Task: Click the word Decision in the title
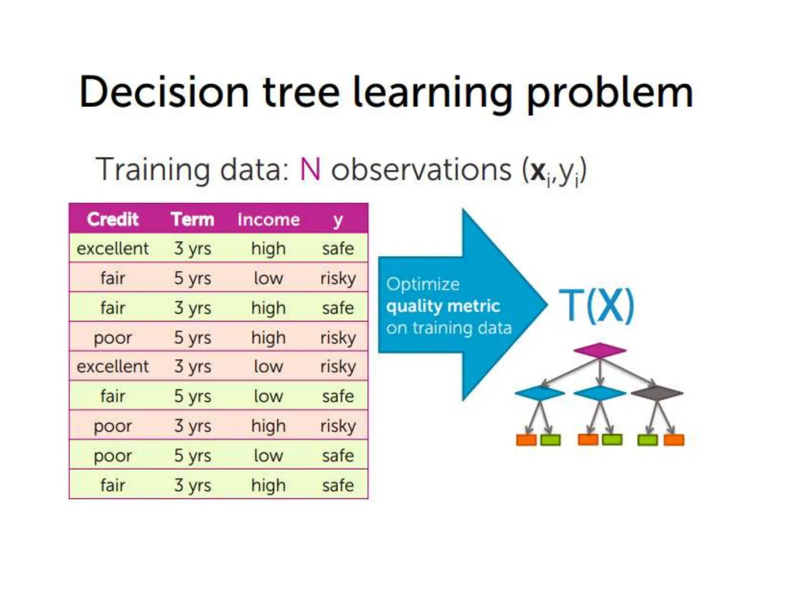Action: pos(164,92)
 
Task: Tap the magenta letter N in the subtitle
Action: pos(310,170)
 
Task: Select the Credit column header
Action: pos(112,219)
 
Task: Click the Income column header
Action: pos(269,220)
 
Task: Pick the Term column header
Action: pos(193,219)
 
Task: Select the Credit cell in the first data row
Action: pos(112,248)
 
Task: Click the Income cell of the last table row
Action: pos(269,485)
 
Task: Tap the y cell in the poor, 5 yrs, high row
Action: pos(338,338)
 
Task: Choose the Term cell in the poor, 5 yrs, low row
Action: pos(193,456)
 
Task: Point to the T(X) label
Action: pos(596,305)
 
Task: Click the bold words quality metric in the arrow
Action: pos(443,306)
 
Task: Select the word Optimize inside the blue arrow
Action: pos(423,284)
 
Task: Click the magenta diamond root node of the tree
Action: pos(599,350)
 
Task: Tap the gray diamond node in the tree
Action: pos(657,393)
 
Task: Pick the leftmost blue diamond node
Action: pos(540,393)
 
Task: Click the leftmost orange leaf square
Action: pos(526,440)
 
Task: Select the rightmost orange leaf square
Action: pos(674,440)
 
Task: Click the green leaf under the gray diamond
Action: pos(648,440)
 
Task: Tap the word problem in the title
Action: pos(609,92)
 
